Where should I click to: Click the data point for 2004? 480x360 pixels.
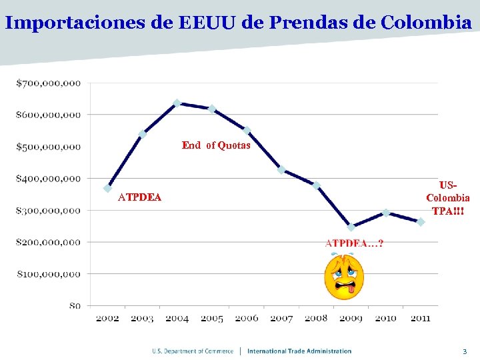pos(177,103)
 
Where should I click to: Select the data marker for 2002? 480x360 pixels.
pos(107,189)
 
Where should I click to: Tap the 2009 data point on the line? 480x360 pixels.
pos(351,227)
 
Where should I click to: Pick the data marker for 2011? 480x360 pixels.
pos(421,222)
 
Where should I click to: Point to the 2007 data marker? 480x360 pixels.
pos(281,170)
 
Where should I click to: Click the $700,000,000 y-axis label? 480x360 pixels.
pos(49,83)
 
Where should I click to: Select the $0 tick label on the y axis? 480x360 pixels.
pos(75,306)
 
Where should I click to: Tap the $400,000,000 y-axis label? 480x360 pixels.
pos(49,179)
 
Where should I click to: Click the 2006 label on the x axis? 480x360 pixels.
pos(247,319)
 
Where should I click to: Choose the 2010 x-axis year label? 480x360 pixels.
pos(386,319)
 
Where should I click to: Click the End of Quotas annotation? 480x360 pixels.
pos(216,145)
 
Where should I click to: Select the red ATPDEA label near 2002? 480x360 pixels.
pos(139,197)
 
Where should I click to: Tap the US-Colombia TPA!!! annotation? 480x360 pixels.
pos(448,198)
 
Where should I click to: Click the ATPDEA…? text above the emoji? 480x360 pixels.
pos(354,243)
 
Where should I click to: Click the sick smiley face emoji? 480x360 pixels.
pos(344,277)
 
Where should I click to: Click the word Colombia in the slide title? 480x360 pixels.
pos(426,23)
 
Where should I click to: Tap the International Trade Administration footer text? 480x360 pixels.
pos(299,351)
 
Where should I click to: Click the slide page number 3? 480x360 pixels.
pos(465,351)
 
